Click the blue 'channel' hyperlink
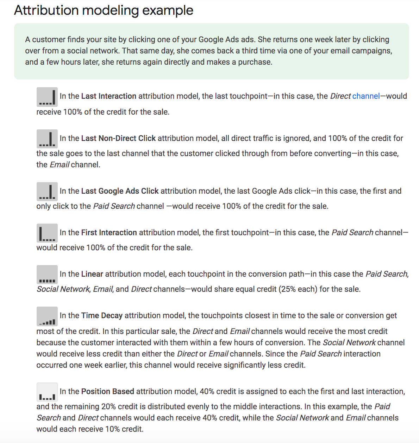click(x=366, y=96)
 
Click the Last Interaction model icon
click(x=47, y=97)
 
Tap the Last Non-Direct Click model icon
click(x=47, y=139)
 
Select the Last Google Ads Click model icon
click(x=47, y=192)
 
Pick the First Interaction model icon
click(x=47, y=233)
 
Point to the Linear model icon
click(x=47, y=275)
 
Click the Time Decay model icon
click(x=47, y=316)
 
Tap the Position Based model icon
click(x=47, y=392)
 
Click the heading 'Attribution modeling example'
click(x=104, y=11)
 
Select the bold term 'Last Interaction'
click(x=109, y=96)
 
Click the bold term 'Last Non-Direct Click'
click(x=118, y=139)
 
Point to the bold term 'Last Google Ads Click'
click(x=120, y=191)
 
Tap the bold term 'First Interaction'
click(x=109, y=233)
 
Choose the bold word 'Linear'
click(x=92, y=274)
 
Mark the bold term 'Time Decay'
click(x=102, y=316)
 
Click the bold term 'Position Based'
click(x=108, y=392)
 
